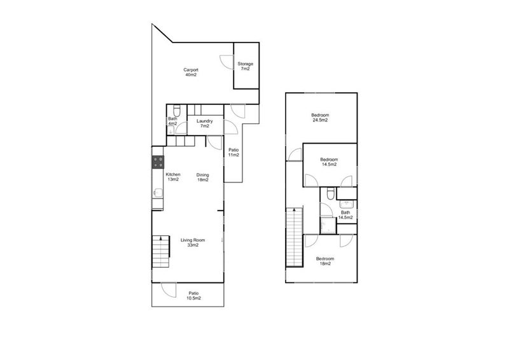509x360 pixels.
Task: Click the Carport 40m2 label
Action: pyautogui.click(x=191, y=72)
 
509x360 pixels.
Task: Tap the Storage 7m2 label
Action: pyautogui.click(x=245, y=66)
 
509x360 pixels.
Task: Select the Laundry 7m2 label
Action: pyautogui.click(x=204, y=123)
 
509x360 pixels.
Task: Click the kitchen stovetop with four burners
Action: pyautogui.click(x=158, y=162)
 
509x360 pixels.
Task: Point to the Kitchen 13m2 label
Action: pyautogui.click(x=173, y=177)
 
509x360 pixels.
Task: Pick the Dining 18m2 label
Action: pyautogui.click(x=203, y=177)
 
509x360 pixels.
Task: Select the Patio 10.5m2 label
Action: pyautogui.click(x=193, y=295)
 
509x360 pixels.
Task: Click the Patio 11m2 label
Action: pyautogui.click(x=234, y=152)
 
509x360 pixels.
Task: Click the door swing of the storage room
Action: pyautogui.click(x=227, y=61)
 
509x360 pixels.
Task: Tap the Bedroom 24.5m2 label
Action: pyautogui.click(x=319, y=116)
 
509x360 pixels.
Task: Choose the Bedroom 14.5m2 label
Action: pyautogui.click(x=328, y=162)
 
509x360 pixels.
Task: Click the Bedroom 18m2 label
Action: pyautogui.click(x=325, y=261)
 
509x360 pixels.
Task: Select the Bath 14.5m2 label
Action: pyautogui.click(x=345, y=215)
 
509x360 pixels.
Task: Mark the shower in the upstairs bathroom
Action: pyautogui.click(x=327, y=225)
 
